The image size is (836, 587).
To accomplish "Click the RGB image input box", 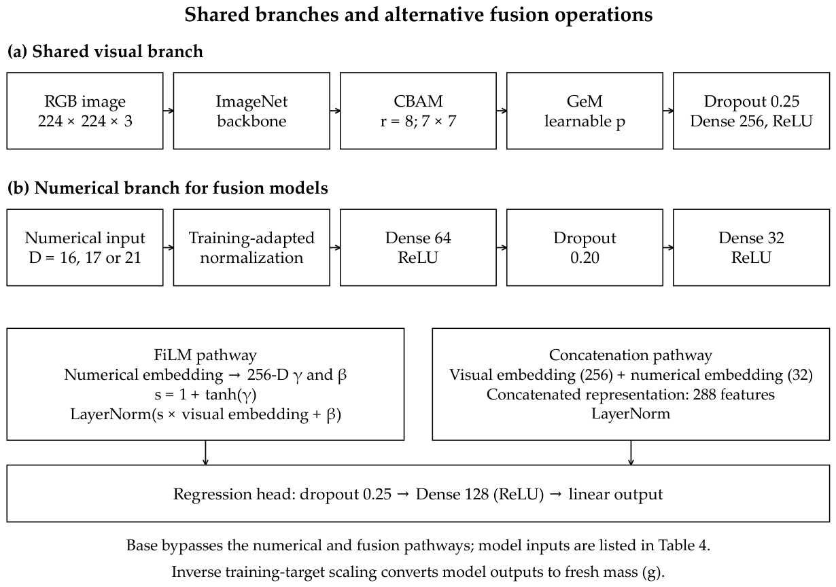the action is pos(85,111).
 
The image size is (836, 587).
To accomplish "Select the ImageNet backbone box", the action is pos(251,111).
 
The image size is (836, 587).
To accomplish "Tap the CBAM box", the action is pos(418,111).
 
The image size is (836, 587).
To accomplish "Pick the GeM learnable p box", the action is pos(585,111).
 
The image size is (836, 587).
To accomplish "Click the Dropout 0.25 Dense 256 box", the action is pos(751,111).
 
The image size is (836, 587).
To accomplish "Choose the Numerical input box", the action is pos(85,248).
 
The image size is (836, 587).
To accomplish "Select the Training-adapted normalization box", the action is pos(251,248).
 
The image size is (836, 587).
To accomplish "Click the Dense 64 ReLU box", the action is pos(418,248).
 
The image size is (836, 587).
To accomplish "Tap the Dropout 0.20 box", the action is pos(585,248).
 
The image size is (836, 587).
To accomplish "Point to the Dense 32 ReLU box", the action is pos(751,248).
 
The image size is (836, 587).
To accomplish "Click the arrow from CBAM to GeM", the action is pos(502,111).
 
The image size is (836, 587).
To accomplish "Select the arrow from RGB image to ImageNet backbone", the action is pos(169,111).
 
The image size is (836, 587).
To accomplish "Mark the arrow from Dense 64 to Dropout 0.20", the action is pos(502,248).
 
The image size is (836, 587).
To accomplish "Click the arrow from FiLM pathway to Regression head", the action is pos(205,452).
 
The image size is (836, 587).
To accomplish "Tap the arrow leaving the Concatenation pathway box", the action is pos(631,452).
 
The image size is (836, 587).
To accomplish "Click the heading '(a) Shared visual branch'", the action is pos(105,51).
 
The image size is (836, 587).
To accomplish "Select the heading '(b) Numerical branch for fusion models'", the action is pos(168,188).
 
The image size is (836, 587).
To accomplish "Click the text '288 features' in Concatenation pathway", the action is pos(734,395).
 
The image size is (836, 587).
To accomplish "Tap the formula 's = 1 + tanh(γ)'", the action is pos(205,395).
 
